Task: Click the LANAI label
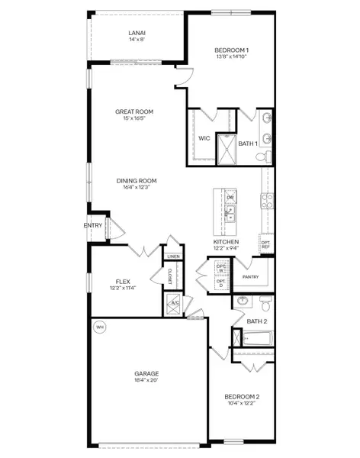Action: (137, 33)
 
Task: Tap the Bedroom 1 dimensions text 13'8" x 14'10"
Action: (233, 56)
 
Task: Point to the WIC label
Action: (204, 139)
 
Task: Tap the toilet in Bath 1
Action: (261, 156)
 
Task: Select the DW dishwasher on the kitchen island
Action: (230, 198)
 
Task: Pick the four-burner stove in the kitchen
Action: (268, 199)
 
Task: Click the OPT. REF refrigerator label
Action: (265, 244)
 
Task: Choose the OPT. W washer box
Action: (220, 269)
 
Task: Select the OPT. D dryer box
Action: (220, 284)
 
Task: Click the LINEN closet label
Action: (174, 256)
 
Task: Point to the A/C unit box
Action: (173, 302)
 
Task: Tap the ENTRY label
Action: (93, 225)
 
